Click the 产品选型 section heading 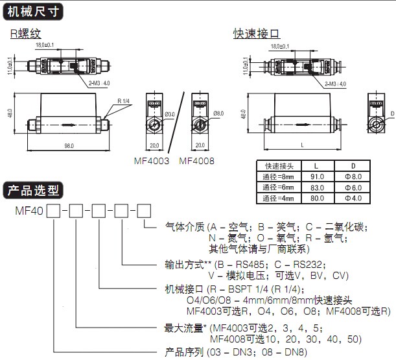coord(32,190)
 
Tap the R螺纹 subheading coord(25,33)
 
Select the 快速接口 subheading coord(255,33)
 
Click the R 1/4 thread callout coord(124,101)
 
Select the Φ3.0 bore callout coord(170,114)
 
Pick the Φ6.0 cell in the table coord(357,187)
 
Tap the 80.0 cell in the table coord(318,198)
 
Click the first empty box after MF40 coord(54,210)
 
